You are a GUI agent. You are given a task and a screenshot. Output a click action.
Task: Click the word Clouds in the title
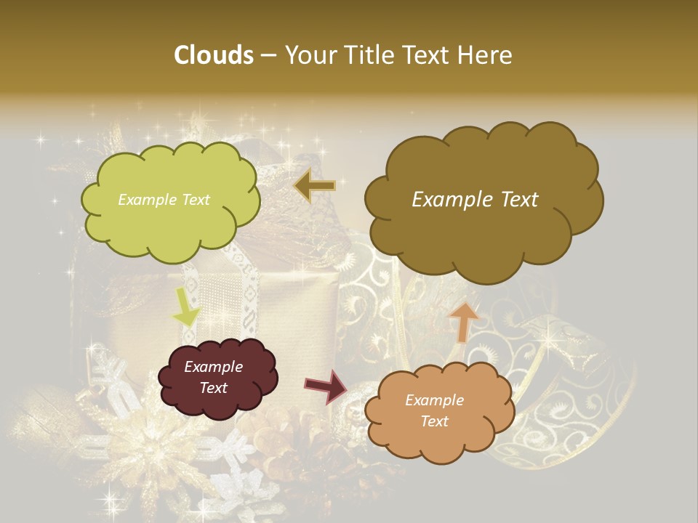click(x=213, y=55)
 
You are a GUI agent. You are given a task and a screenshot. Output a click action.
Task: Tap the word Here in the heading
click(x=486, y=55)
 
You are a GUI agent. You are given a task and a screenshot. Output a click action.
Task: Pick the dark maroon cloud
click(x=217, y=378)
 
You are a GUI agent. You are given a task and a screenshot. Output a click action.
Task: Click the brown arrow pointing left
click(x=315, y=186)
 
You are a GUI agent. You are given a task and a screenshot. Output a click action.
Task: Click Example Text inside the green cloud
click(x=164, y=200)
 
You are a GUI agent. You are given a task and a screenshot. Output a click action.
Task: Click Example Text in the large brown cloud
click(x=475, y=200)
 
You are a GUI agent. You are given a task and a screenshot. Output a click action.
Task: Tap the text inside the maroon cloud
click(x=213, y=378)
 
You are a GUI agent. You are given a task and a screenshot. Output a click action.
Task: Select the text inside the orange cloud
click(x=434, y=410)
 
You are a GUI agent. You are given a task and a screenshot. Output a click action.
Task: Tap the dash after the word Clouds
click(x=268, y=56)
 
